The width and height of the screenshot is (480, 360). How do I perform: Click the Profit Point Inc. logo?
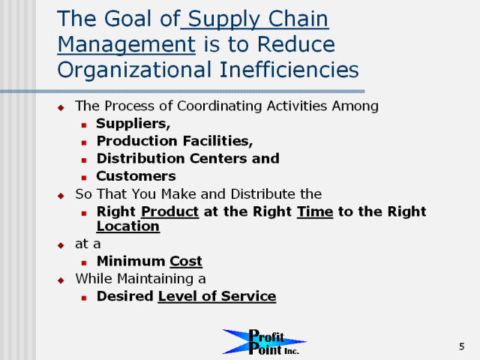pyautogui.click(x=264, y=342)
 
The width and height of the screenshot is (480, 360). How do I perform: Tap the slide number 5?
pyautogui.click(x=462, y=346)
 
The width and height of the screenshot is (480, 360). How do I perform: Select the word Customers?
pyautogui.click(x=136, y=176)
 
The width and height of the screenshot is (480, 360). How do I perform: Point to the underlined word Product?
pyautogui.click(x=170, y=211)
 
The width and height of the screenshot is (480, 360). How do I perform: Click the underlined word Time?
pyautogui.click(x=315, y=211)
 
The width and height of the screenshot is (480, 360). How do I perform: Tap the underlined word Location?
pyautogui.click(x=128, y=226)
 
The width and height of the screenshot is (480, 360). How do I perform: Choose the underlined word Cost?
pyautogui.click(x=186, y=261)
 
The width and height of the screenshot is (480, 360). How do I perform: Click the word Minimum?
pyautogui.click(x=131, y=261)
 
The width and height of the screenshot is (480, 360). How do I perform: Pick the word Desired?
pyautogui.click(x=125, y=296)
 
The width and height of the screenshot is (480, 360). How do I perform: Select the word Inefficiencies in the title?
pyautogui.click(x=289, y=70)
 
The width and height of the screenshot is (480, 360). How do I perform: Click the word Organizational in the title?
pyautogui.click(x=134, y=70)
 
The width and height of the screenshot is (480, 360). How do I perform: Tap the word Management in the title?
pyautogui.click(x=127, y=45)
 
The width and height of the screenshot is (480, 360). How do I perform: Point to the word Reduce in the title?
pyautogui.click(x=296, y=44)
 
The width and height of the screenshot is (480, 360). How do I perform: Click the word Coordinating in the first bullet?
pyautogui.click(x=220, y=106)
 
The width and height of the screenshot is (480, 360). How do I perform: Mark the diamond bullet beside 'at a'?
pyautogui.click(x=61, y=245)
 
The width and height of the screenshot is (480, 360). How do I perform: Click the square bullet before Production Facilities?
pyautogui.click(x=84, y=142)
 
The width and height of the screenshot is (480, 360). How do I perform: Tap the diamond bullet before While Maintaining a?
pyautogui.click(x=61, y=280)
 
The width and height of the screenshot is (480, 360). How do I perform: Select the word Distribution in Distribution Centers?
pyautogui.click(x=141, y=158)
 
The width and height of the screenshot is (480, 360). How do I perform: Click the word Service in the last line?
pyautogui.click(x=248, y=296)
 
